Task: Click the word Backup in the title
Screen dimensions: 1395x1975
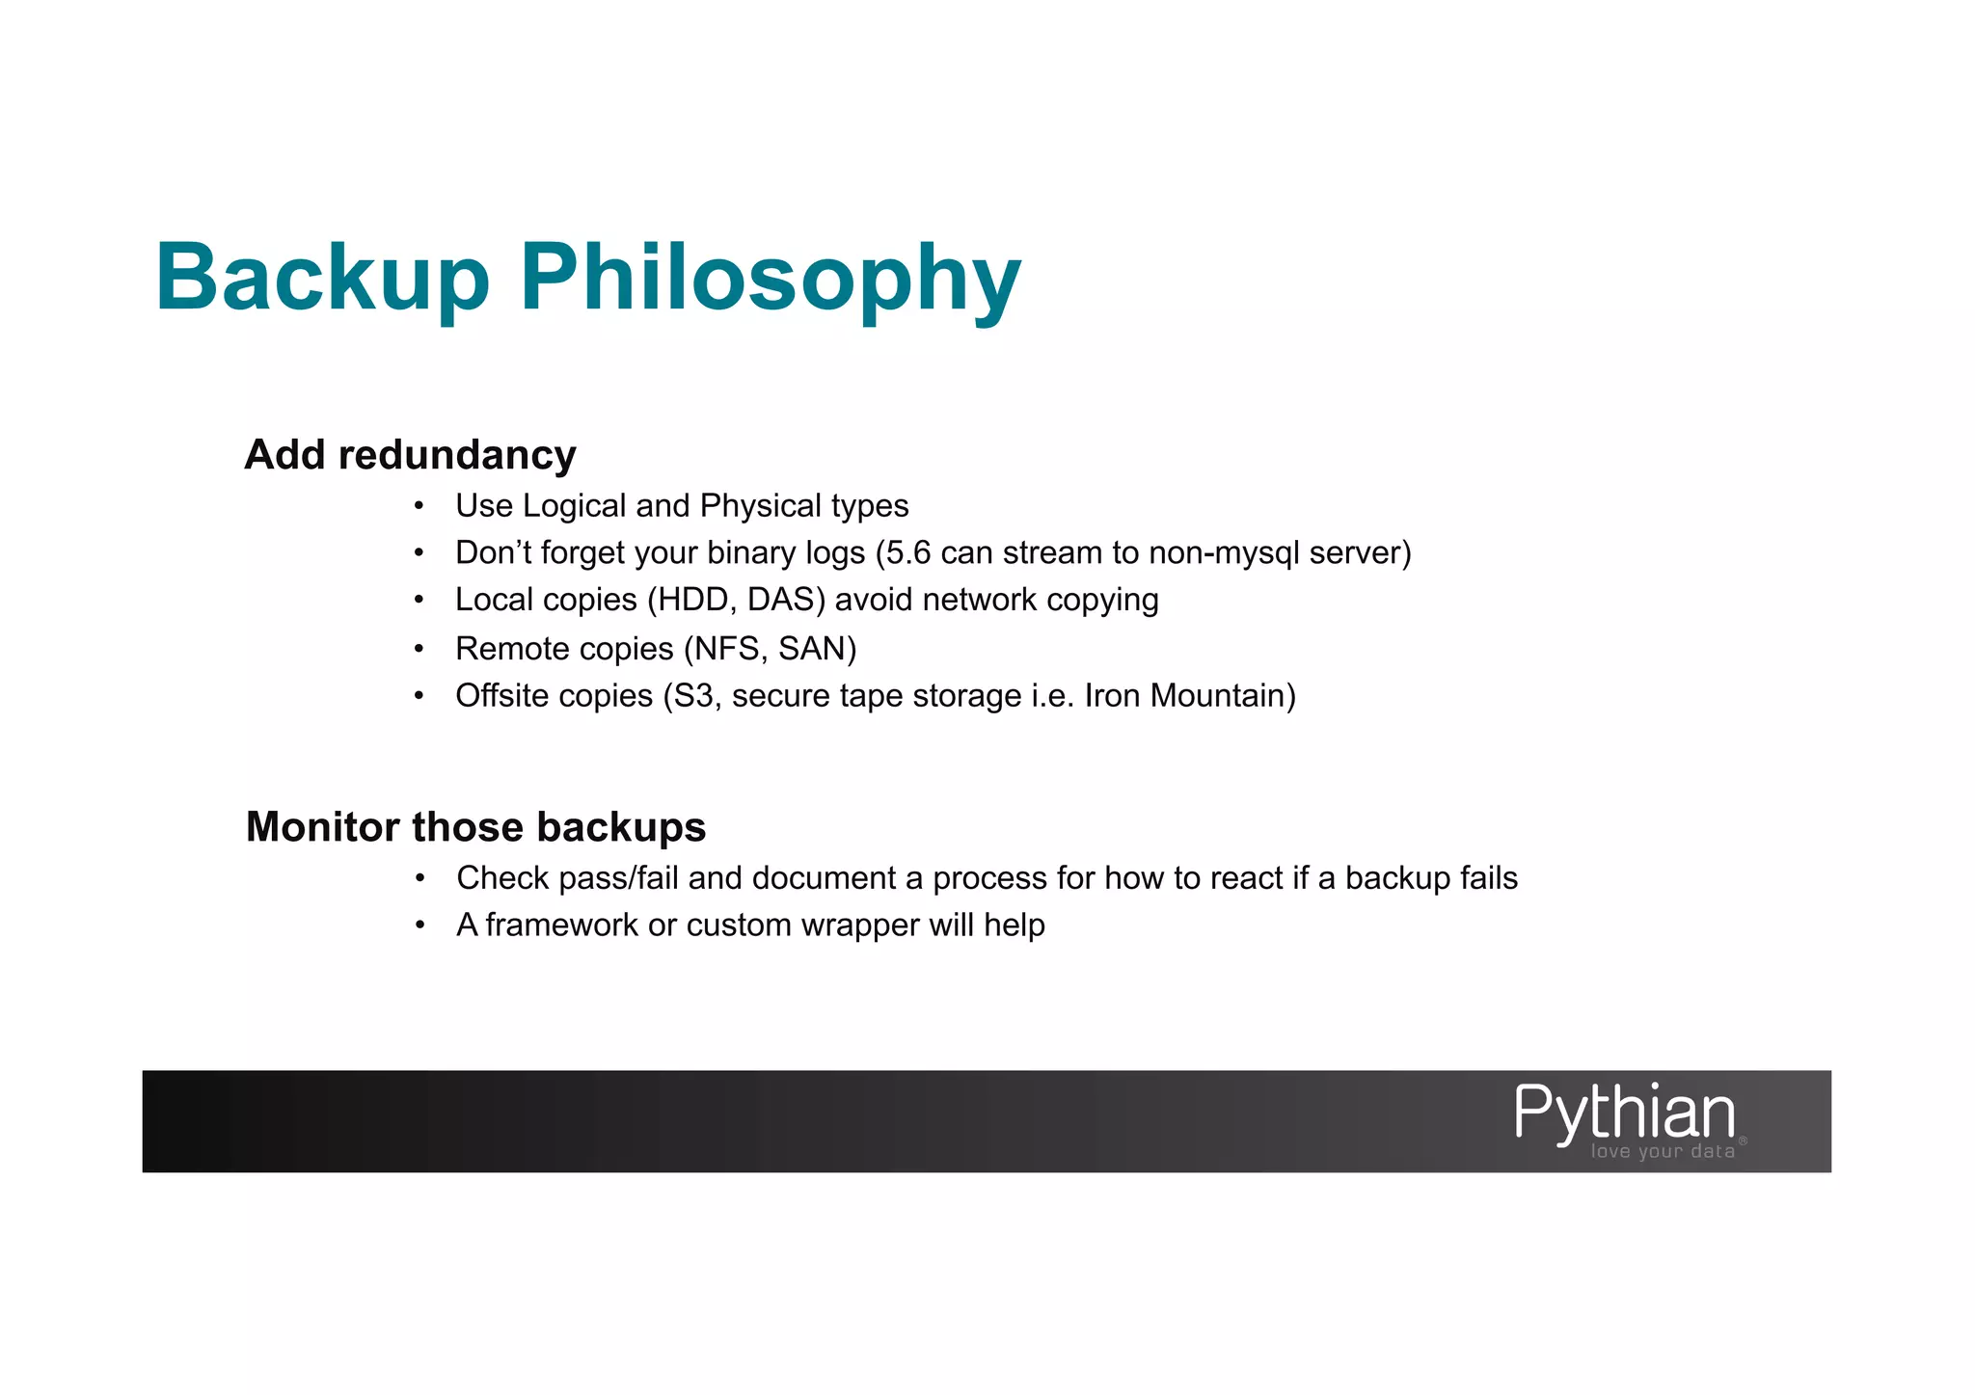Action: [322, 278]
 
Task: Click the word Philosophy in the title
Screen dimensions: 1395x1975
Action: [771, 278]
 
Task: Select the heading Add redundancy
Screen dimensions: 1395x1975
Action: [410, 455]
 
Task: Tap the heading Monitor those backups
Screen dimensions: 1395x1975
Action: [475, 827]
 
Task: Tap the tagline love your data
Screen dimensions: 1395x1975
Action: [1663, 1152]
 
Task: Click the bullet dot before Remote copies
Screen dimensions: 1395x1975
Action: [419, 649]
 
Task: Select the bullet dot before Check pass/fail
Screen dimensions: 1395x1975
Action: [419, 878]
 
